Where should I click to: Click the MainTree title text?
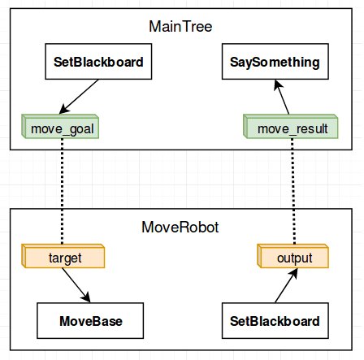180,27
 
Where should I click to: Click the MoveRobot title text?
180,225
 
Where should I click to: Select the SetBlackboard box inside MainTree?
98,62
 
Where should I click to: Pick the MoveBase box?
90,320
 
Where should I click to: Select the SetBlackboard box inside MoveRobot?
271,320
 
